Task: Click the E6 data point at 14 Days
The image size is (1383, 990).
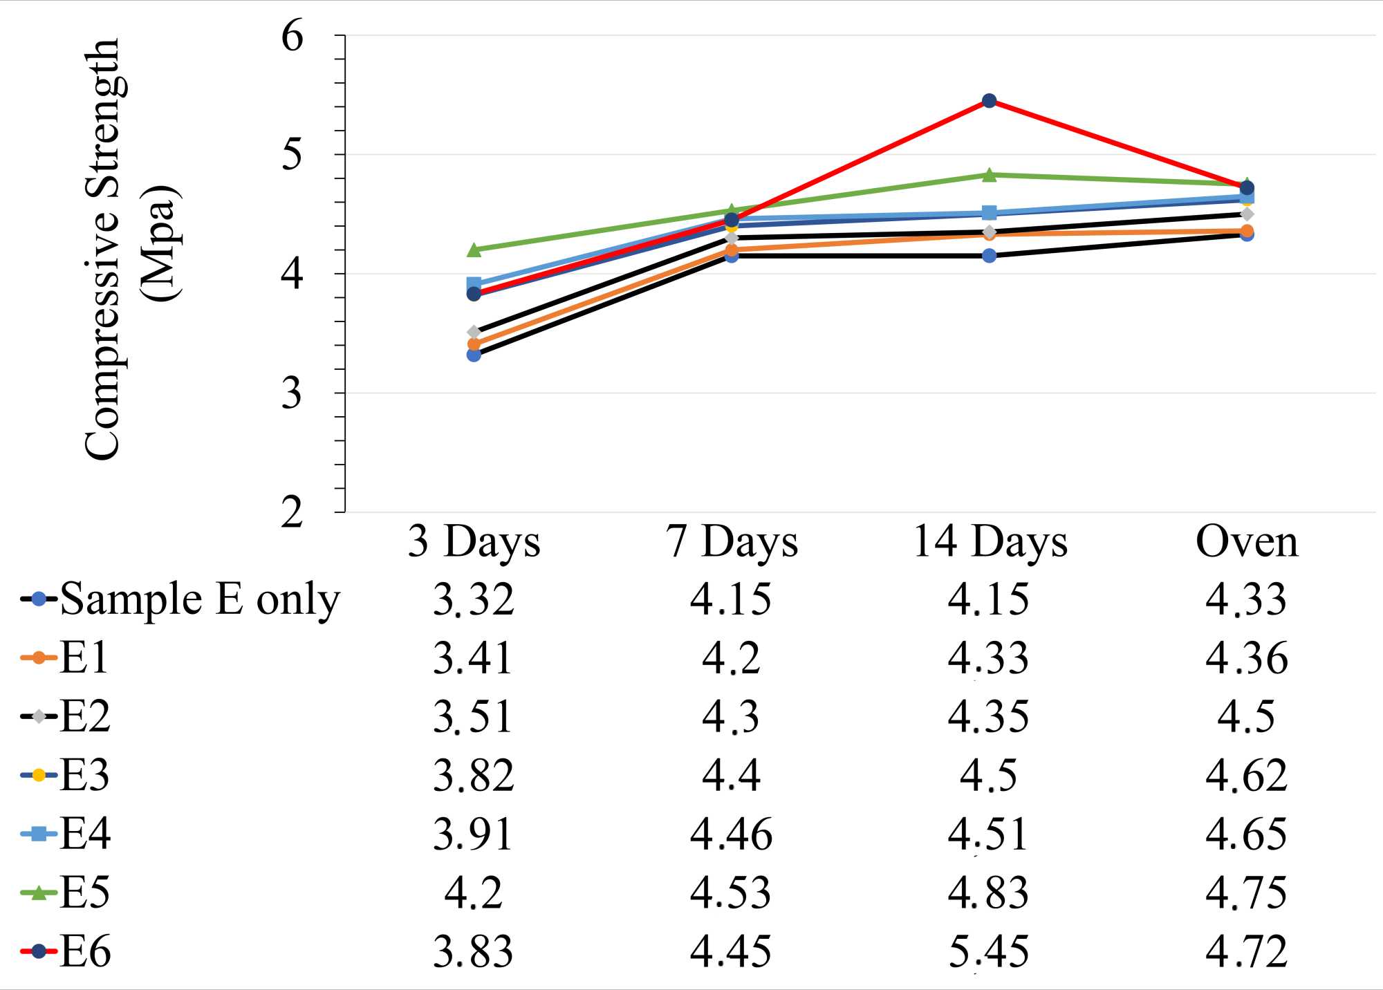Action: pos(989,101)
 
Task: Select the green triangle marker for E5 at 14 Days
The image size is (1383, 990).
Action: pos(989,175)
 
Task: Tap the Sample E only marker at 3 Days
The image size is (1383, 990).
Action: pos(474,355)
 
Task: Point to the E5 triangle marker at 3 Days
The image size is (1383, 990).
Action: pos(474,250)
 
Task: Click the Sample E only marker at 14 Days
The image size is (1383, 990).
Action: pos(989,256)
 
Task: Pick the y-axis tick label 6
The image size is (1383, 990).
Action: pos(292,35)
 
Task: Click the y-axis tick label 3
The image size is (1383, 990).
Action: pos(292,393)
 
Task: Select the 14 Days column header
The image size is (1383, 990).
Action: pos(990,541)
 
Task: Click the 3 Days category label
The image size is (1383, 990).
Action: pos(474,541)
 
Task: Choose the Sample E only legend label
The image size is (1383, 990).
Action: pos(200,599)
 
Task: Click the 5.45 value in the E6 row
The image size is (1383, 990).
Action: pos(988,952)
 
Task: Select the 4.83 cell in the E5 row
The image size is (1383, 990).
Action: pos(988,893)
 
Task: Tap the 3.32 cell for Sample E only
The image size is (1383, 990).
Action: pos(474,599)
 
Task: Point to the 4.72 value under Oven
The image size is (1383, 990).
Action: pos(1246,952)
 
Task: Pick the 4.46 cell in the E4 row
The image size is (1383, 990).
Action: pos(731,834)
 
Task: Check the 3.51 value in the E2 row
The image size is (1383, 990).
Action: pos(474,716)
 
